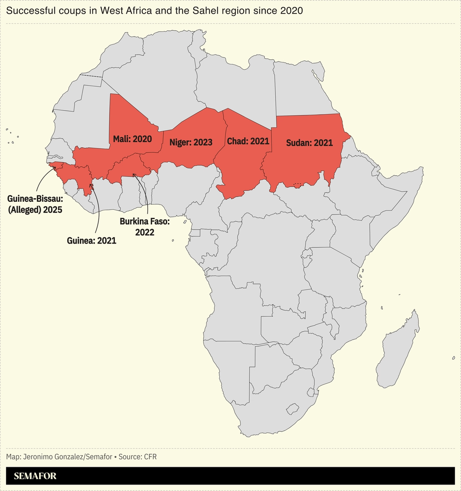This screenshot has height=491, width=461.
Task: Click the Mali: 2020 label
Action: [x=132, y=139]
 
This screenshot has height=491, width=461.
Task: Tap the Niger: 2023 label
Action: [x=191, y=142]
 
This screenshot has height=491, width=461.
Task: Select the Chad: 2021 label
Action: [x=248, y=141]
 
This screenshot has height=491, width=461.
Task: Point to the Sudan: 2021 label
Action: [x=309, y=143]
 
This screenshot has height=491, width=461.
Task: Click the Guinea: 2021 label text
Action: [x=92, y=241]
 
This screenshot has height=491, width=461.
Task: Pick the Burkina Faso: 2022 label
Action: [x=145, y=227]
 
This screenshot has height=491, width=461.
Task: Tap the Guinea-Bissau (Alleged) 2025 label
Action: [x=35, y=204]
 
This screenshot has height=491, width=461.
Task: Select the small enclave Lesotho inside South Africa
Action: [x=293, y=409]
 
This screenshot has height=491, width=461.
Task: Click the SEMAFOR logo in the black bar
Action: [x=35, y=476]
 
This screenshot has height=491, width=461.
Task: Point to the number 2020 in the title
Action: [x=291, y=11]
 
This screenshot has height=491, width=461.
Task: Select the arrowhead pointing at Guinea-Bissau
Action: [x=55, y=167]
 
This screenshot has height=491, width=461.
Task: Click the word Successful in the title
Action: [x=27, y=11]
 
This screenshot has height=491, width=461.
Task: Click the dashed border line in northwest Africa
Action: [x=91, y=76]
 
